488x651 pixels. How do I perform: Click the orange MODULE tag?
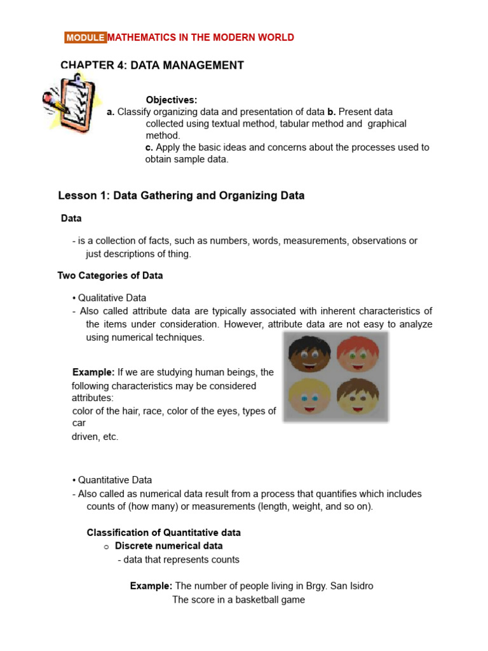coord(85,38)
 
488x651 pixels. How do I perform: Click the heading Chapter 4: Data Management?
coord(152,65)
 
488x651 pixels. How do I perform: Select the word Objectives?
coord(172,100)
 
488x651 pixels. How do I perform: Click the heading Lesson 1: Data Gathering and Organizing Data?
coord(181,196)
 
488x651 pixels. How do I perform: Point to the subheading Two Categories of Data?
coord(110,276)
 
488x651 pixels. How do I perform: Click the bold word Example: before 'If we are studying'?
coord(93,373)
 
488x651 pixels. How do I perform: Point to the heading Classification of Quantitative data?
coord(163,533)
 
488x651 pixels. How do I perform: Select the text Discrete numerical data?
coord(168,546)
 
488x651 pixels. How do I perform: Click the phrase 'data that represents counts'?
coord(181,560)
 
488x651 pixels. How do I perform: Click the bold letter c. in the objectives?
coord(149,147)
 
